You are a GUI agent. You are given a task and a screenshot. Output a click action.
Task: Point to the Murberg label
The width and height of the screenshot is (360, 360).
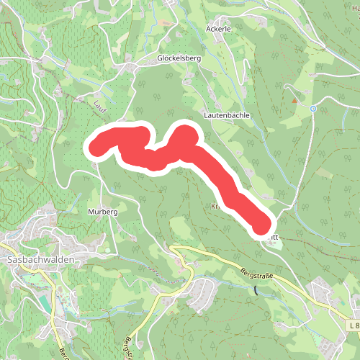coord(102,212)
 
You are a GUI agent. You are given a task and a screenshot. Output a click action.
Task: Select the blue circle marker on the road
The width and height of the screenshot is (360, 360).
coord(313,109)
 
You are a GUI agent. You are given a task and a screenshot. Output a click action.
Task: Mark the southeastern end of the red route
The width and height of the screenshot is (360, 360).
coord(261,225)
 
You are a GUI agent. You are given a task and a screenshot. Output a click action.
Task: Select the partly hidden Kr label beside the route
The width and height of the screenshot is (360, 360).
coord(215,206)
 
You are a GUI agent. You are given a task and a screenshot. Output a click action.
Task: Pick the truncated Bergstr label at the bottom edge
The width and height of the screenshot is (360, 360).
coord(127,349)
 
